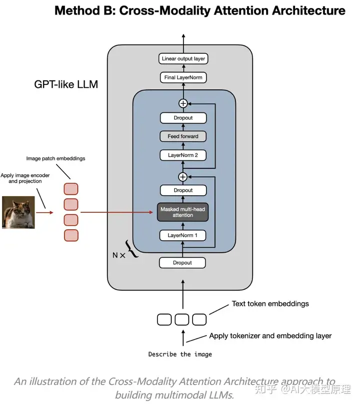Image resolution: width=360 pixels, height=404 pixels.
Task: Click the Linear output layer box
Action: click(183, 58)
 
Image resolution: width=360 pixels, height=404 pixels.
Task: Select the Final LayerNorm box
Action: click(183, 77)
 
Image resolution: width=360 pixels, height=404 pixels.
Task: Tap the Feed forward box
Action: click(183, 136)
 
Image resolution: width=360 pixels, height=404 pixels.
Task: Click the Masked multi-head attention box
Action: click(183, 212)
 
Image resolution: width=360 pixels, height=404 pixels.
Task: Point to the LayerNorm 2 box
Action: click(183, 155)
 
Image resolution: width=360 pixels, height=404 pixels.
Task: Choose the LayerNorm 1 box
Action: click(182, 235)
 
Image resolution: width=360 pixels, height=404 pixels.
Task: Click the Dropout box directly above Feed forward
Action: click(183, 118)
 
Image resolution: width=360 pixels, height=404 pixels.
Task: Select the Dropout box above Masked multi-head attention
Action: click(183, 190)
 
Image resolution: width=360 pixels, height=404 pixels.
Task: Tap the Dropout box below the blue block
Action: click(182, 263)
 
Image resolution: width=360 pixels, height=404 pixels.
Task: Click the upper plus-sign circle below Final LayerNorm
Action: click(183, 103)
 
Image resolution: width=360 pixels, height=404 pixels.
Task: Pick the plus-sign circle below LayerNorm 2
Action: click(183, 177)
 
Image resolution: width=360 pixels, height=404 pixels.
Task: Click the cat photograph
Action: click(18, 212)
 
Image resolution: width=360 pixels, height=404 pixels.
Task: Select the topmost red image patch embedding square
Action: click(71, 189)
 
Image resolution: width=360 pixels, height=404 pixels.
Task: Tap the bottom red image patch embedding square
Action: click(71, 235)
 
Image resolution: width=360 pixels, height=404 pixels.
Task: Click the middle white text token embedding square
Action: click(182, 320)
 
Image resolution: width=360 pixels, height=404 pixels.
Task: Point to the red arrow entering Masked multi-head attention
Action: click(117, 212)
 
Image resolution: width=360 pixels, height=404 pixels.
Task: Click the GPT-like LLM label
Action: click(66, 84)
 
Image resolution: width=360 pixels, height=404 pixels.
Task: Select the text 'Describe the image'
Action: click(180, 354)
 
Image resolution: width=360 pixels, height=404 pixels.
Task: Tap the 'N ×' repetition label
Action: click(119, 255)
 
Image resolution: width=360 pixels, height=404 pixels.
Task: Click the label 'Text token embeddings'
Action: click(270, 304)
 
